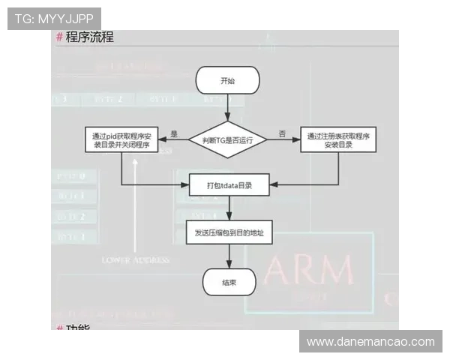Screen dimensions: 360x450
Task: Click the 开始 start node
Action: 227,81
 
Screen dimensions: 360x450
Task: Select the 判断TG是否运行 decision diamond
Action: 227,139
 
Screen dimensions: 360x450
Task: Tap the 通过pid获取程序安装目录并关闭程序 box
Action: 121,140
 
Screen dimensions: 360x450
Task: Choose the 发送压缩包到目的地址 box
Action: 229,233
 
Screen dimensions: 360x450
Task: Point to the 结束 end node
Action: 229,283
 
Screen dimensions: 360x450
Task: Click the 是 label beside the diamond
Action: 174,133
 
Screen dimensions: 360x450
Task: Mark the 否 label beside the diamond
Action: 282,133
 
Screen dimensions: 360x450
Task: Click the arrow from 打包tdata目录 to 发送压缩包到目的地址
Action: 228,208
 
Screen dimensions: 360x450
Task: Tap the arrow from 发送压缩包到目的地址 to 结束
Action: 228,257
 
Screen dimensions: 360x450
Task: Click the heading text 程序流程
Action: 89,37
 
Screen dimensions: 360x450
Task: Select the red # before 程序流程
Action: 59,37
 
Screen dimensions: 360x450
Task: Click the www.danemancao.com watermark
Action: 370,342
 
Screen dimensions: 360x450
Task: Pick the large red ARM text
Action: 310,271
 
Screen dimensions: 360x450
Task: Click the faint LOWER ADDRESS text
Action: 136,259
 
